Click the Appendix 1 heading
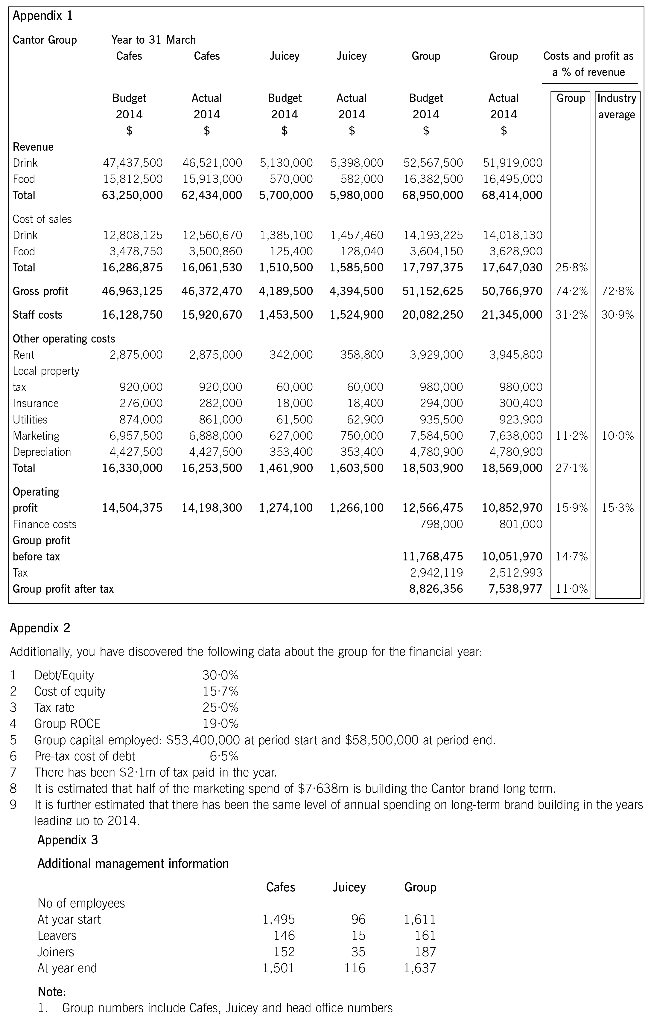pos(43,16)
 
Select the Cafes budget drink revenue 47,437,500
pos(133,163)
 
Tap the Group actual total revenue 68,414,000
pos(512,195)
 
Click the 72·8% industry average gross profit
pos(617,291)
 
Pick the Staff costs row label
pos(38,315)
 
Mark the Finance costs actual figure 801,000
pos(521,524)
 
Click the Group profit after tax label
pos(63,589)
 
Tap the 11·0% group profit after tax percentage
pos(571,589)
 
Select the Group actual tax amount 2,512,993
pos(516,573)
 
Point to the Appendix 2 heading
pos(40,628)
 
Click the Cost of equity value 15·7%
pos(220,691)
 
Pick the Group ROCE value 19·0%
pos(220,724)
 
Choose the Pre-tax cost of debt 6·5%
pos(224,756)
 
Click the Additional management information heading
pos(133,864)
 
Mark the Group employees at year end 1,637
pos(420,968)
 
